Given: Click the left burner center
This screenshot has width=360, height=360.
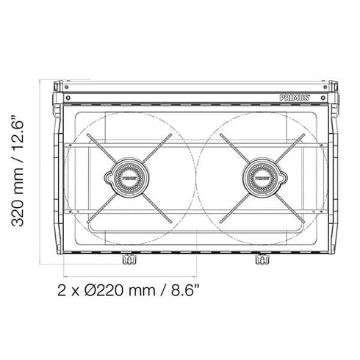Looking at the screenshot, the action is click(129, 178).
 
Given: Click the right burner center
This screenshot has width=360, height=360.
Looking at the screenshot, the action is click(262, 178).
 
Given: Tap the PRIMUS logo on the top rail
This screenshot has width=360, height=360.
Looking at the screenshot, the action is click(295, 98).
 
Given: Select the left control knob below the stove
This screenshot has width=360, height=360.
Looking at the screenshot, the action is click(129, 259).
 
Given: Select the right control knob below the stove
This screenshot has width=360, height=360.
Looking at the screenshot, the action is click(262, 259).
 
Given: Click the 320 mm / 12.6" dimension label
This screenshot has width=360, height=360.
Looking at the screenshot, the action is click(18, 170).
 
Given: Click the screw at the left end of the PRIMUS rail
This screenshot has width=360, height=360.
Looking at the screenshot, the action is click(68, 98).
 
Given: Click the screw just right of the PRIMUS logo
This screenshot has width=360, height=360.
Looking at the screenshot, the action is click(323, 98).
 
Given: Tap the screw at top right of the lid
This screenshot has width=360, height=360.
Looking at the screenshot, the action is click(325, 87).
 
